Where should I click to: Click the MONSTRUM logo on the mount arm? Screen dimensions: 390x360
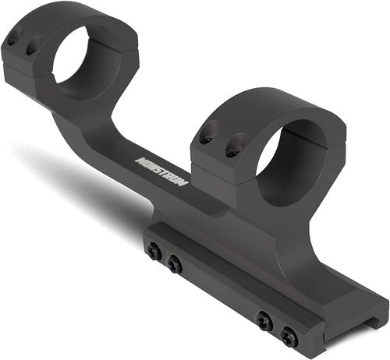pos(161,171)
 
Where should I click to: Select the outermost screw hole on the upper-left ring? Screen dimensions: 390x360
pos(12,41)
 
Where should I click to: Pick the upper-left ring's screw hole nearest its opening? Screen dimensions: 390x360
pos(32,46)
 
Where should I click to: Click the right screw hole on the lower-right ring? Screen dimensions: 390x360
pos(236,145)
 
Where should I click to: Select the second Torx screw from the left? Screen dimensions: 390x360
pos(175,264)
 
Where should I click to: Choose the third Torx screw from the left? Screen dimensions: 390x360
pos(264,320)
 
